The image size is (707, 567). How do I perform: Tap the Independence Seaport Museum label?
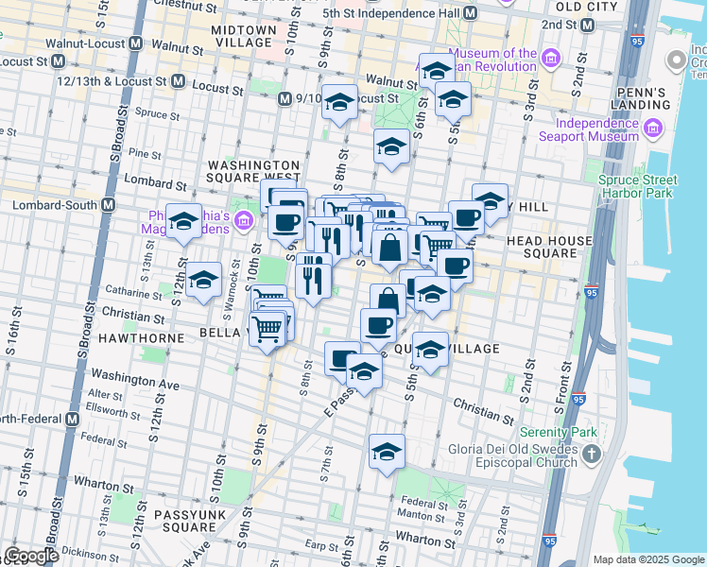[x=596, y=129]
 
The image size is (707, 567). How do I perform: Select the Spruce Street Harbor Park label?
[x=638, y=186]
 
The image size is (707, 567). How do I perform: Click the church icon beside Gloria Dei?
[x=592, y=455]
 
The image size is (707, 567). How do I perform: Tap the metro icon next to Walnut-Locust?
[x=136, y=43]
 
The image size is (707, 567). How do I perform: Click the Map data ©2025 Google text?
[x=648, y=559]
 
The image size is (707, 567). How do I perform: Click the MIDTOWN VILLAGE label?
[x=244, y=36]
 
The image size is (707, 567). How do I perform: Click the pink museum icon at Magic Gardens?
[x=244, y=221]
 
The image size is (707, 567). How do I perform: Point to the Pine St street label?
[x=145, y=153]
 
